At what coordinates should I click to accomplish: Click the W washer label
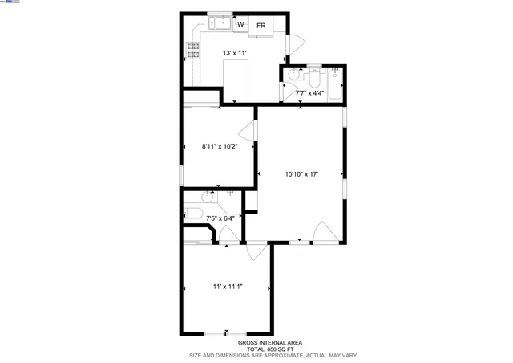click(239, 26)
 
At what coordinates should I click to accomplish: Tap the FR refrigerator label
click(261, 26)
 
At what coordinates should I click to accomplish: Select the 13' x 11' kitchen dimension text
click(234, 53)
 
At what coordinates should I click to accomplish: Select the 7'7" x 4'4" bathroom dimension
click(310, 93)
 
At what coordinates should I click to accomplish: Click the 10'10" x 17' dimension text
click(301, 173)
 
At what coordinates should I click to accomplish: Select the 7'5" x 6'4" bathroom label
click(220, 217)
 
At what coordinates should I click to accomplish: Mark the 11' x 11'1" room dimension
click(228, 287)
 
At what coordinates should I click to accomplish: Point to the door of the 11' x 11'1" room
click(256, 251)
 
